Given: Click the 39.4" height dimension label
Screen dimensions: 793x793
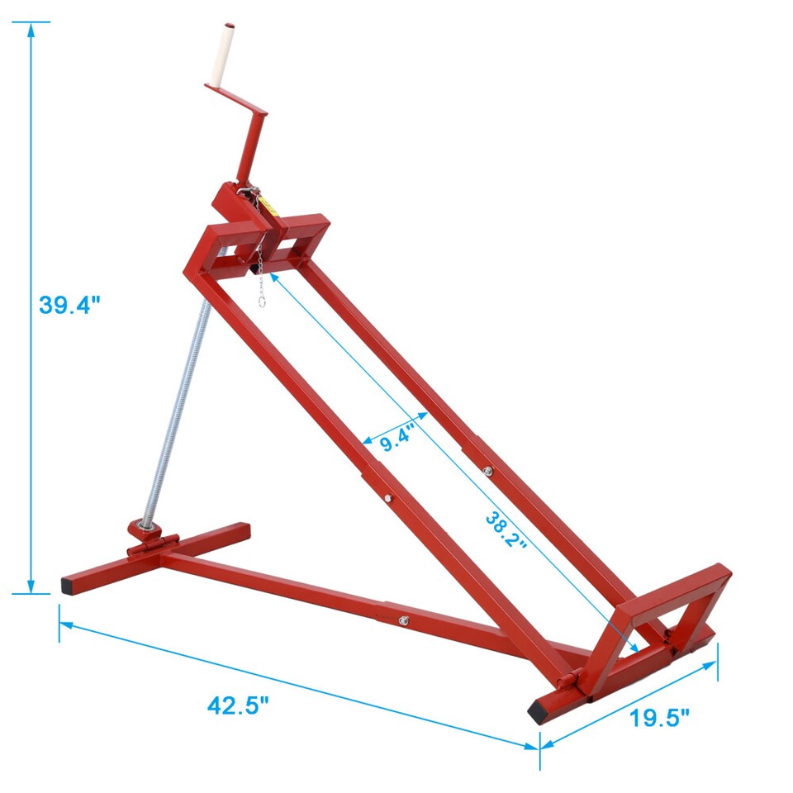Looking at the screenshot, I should click(69, 305).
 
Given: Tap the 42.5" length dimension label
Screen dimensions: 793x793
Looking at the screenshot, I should click(239, 706).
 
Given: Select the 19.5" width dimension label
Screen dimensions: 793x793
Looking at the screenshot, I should click(659, 718).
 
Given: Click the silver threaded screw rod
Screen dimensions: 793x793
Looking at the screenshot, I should click(174, 413).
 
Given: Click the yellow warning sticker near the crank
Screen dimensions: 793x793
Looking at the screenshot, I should click(268, 207).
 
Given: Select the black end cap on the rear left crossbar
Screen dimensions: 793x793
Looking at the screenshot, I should click(67, 585).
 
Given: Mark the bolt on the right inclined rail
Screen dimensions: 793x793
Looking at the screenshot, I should click(487, 472).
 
